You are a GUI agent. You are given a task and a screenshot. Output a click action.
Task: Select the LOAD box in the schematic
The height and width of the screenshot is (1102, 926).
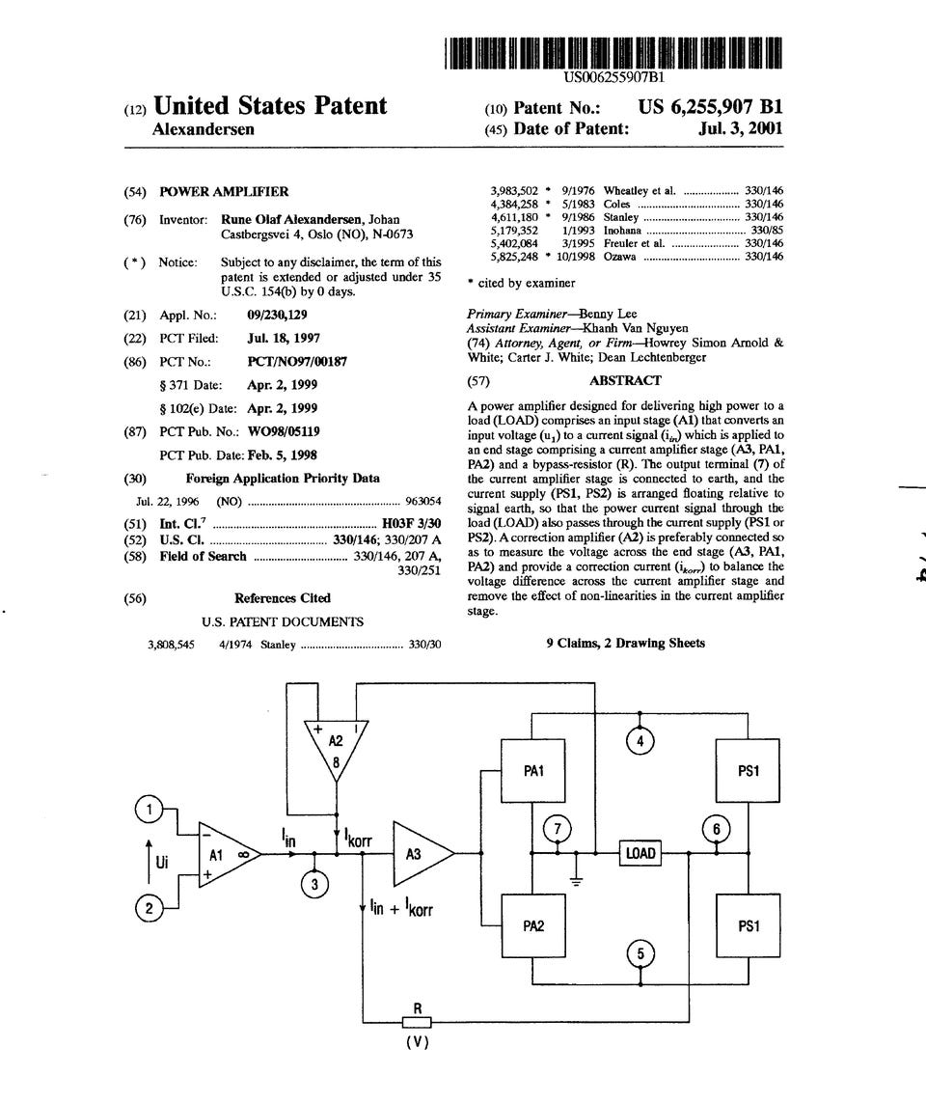(x=640, y=853)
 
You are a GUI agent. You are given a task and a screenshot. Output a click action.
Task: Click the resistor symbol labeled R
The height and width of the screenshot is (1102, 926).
(x=417, y=1023)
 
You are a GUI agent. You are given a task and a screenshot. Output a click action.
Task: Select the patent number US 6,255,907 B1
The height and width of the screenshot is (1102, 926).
(x=710, y=107)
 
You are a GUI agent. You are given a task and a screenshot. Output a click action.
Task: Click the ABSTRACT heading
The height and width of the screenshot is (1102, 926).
(x=625, y=380)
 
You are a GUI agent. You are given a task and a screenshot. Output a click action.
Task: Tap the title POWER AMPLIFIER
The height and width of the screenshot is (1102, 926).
(x=224, y=192)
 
